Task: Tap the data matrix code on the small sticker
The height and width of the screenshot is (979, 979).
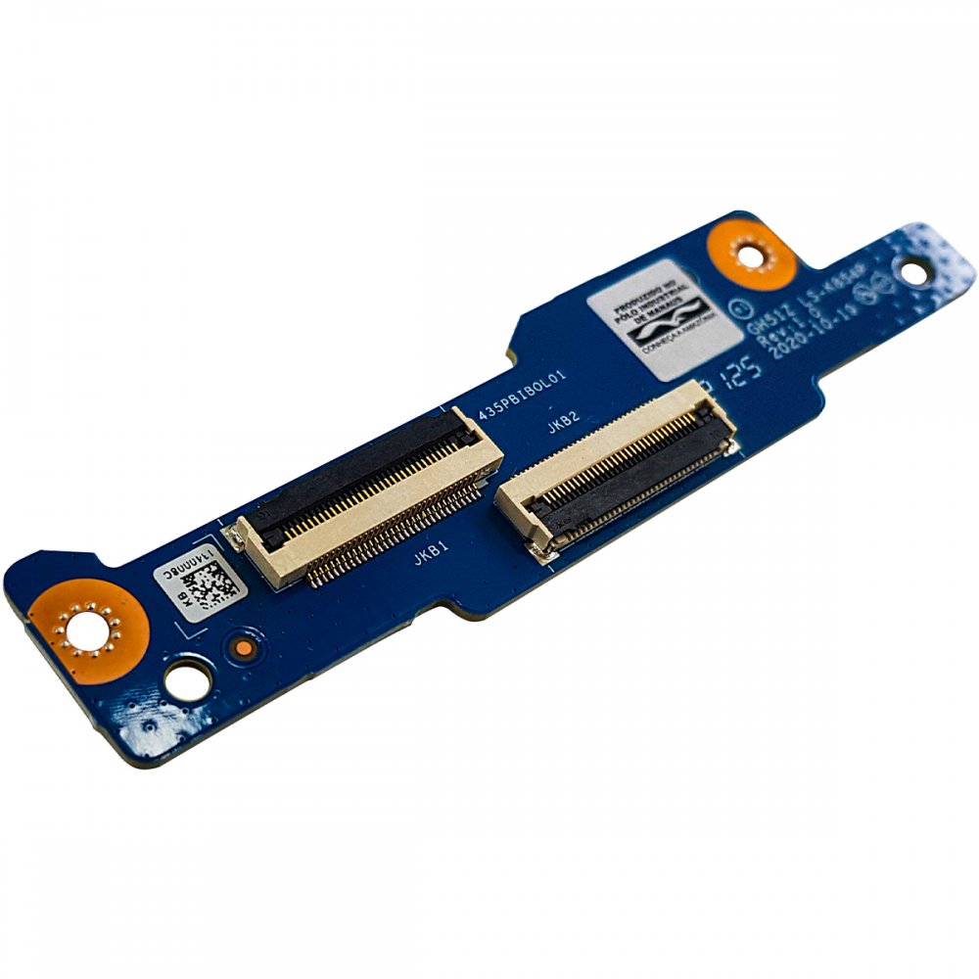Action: [210, 589]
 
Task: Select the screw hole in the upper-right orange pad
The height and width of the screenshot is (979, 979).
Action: [749, 254]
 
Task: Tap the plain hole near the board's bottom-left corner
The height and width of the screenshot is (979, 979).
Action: [188, 679]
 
